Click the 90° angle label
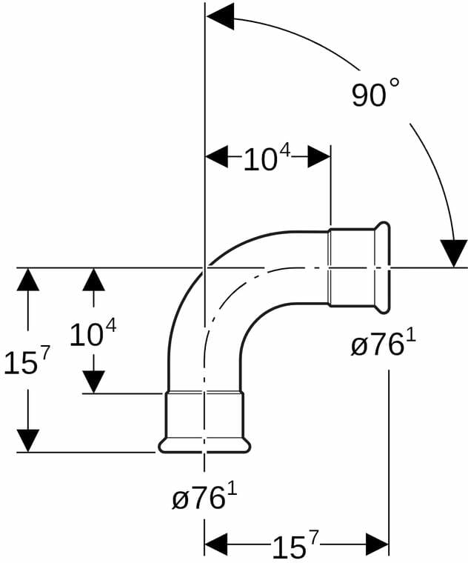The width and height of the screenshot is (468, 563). (x=375, y=93)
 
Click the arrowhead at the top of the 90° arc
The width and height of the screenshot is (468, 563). (x=220, y=17)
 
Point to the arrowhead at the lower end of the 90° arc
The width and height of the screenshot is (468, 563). (x=454, y=253)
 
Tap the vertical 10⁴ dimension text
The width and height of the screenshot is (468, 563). (x=93, y=334)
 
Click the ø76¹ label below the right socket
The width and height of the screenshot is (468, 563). (x=383, y=344)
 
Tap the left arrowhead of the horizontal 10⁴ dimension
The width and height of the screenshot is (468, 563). (x=216, y=156)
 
